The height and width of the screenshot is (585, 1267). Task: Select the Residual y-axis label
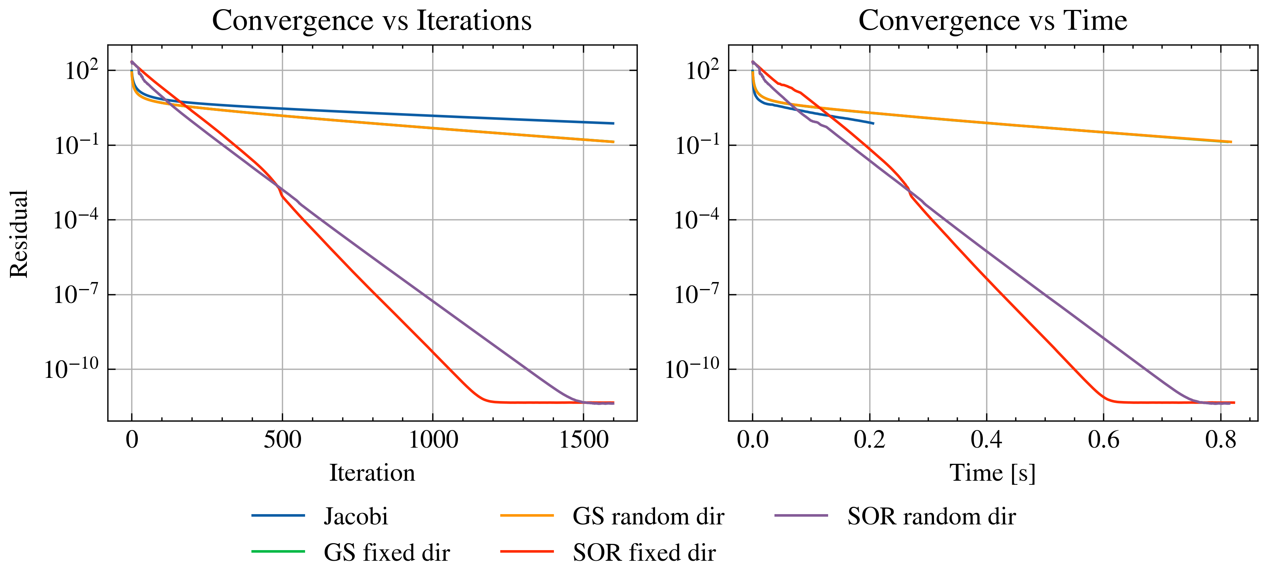pos(19,234)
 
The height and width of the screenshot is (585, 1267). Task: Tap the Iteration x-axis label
pos(372,473)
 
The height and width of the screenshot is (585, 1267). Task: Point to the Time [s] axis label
pos(992,473)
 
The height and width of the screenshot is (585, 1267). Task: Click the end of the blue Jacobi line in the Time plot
pos(873,123)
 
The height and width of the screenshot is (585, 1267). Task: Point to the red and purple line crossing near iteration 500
pos(278,187)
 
